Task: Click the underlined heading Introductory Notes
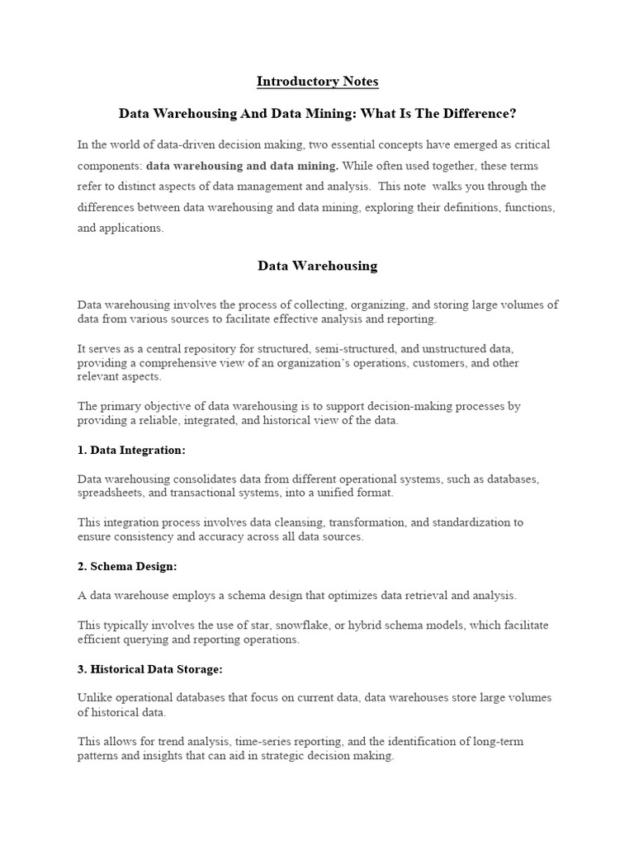click(317, 81)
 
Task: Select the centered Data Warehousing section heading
click(317, 266)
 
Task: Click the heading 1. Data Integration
click(131, 450)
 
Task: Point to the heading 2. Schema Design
click(127, 566)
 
